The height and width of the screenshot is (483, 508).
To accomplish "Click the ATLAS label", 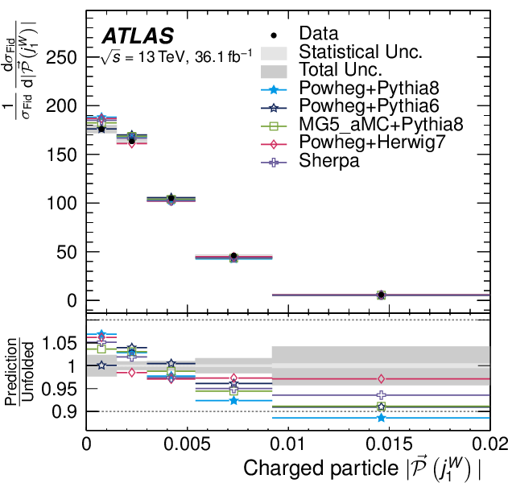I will (137, 36).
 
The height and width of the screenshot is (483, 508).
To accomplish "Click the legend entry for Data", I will (318, 34).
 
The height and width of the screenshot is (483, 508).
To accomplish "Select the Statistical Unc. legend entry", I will (360, 52).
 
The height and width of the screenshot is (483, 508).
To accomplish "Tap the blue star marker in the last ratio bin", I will (381, 418).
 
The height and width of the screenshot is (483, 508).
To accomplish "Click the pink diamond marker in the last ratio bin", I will (381, 378).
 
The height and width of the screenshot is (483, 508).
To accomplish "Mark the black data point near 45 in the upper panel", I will (233, 256).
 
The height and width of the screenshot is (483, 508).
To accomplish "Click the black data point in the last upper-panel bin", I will (381, 295).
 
